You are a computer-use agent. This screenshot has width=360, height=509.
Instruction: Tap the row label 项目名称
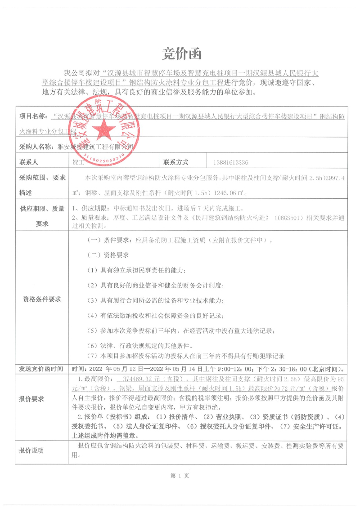click(33, 116)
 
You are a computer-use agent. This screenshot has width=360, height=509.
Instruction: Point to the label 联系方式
click(176, 162)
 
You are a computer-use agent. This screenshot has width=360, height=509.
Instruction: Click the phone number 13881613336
click(230, 163)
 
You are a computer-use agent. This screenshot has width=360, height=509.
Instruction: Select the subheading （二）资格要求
click(108, 255)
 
